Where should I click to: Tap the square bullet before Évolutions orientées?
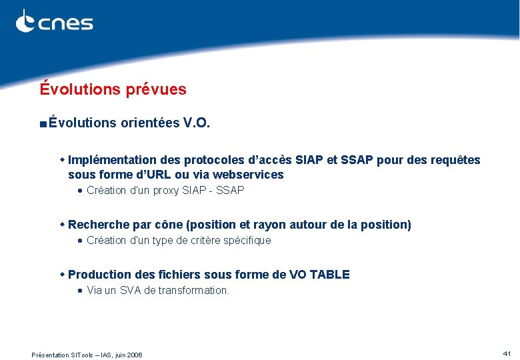[43, 124]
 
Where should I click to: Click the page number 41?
[507, 353]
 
